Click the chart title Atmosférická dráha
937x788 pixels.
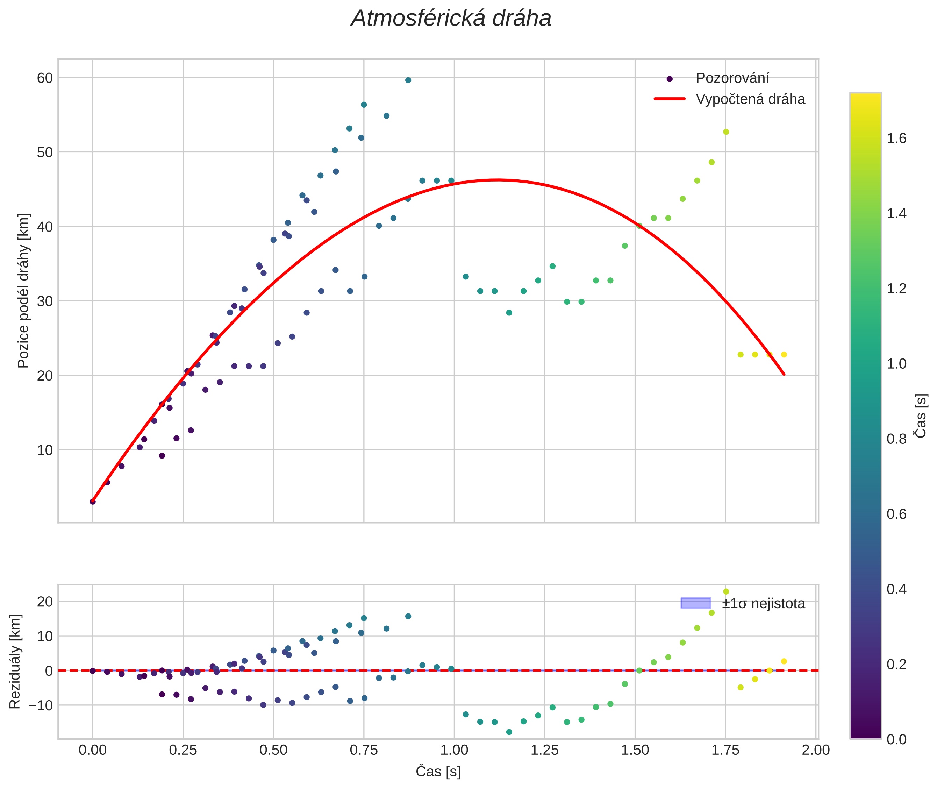coord(451,19)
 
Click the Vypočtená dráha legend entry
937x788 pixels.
coord(750,99)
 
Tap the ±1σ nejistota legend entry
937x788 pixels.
coord(763,604)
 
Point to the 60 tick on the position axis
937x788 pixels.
coord(45,78)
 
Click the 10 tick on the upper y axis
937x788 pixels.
coord(45,450)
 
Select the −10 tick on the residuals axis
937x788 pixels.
coord(41,705)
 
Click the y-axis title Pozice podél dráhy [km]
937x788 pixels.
coord(23,291)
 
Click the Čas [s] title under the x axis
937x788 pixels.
coord(438,772)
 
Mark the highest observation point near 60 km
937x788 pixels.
coord(408,80)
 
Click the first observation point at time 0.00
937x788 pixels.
coord(92,502)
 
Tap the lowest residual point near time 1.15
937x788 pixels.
coord(509,732)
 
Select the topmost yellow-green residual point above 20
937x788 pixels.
coord(726,591)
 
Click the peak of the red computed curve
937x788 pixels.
coord(498,180)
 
